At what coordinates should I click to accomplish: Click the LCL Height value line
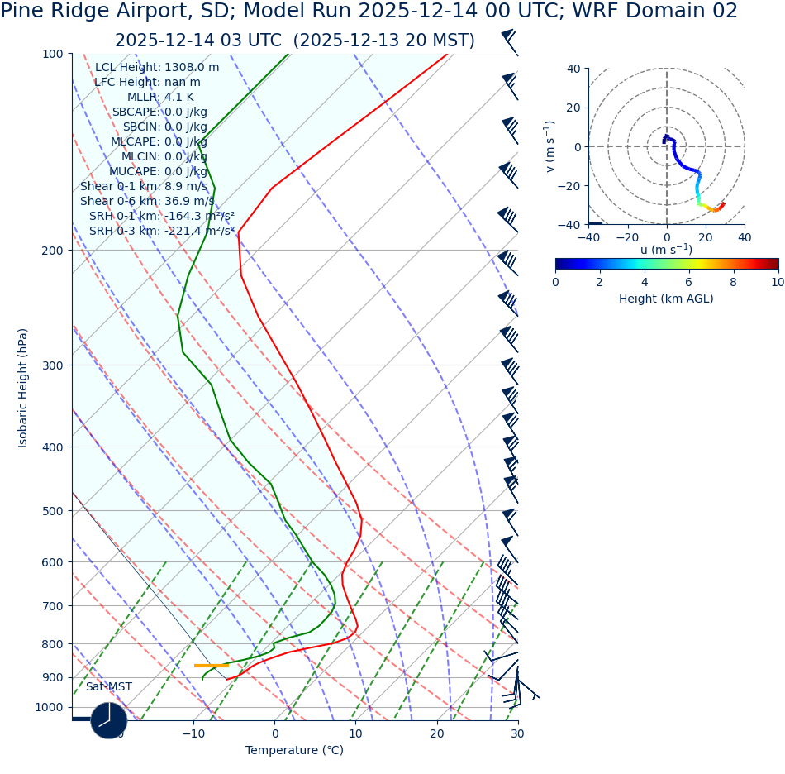(x=157, y=67)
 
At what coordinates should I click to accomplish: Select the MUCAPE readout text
(x=158, y=171)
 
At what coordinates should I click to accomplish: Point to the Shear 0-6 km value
(x=147, y=201)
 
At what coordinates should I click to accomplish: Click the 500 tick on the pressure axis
(x=52, y=511)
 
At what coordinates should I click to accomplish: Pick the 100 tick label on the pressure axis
(x=52, y=54)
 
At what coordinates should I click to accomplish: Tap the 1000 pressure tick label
(x=49, y=707)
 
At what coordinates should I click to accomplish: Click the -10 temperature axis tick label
(x=194, y=733)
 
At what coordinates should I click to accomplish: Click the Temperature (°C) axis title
(x=294, y=750)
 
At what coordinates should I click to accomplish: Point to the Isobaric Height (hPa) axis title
(x=23, y=388)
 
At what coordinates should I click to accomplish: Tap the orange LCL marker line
(x=212, y=665)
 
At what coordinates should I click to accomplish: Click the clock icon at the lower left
(x=108, y=720)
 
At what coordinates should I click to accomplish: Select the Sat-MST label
(x=108, y=687)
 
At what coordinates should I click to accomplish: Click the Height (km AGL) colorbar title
(x=666, y=299)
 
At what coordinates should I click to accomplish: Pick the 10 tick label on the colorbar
(x=778, y=282)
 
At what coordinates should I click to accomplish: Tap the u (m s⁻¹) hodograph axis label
(x=666, y=250)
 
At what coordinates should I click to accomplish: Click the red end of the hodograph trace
(x=722, y=204)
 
